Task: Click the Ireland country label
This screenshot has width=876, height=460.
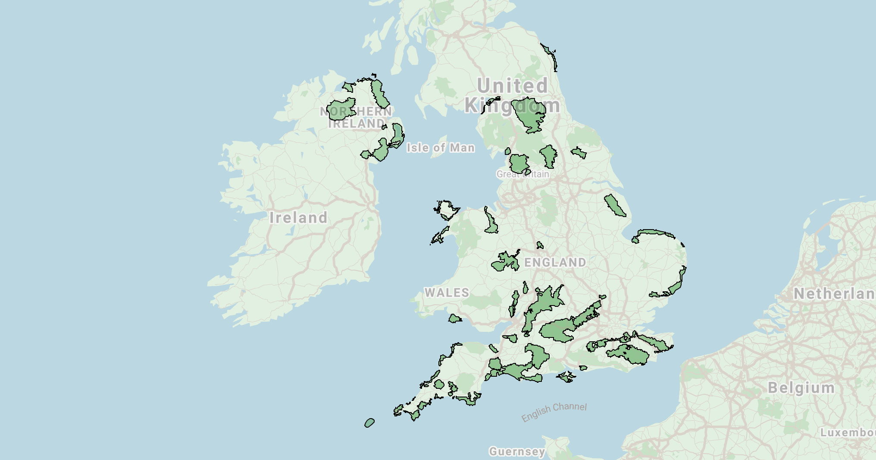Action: click(x=298, y=217)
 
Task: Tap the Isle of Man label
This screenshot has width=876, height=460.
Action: click(x=441, y=148)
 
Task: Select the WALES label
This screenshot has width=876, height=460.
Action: click(x=447, y=293)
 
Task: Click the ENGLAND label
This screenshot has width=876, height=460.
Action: click(x=555, y=262)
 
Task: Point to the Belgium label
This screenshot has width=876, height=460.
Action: click(x=801, y=388)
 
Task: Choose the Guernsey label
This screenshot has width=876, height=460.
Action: click(x=517, y=451)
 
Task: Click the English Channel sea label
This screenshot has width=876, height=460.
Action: click(x=554, y=412)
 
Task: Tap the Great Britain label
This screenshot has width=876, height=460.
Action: click(x=522, y=174)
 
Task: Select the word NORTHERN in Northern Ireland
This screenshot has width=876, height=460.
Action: click(x=356, y=111)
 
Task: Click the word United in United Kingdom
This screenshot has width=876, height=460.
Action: click(x=513, y=85)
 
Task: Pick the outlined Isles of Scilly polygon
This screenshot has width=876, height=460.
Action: click(x=369, y=423)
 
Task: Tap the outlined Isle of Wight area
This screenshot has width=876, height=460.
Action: click(x=566, y=377)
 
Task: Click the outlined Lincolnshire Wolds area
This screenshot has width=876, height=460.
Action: click(x=615, y=205)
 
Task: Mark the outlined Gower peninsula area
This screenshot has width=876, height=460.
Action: click(x=454, y=319)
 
